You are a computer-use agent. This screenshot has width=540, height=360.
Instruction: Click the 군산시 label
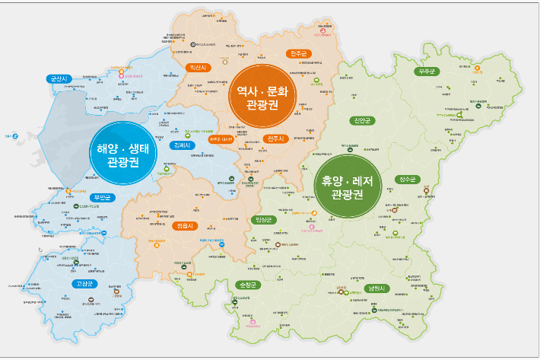point(58,78)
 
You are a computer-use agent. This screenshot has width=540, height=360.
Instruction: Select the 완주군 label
point(297,53)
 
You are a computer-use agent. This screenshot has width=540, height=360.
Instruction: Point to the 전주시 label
point(275,139)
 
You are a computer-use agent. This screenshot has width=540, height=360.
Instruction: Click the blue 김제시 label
point(183,145)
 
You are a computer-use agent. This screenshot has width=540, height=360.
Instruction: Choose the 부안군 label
point(101,198)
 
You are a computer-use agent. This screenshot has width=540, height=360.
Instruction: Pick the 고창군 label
point(84,283)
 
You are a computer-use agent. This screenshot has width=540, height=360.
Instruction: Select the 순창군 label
point(249,285)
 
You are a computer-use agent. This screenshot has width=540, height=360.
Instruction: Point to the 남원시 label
point(376,288)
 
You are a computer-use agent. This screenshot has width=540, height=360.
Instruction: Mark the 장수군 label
point(408,180)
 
